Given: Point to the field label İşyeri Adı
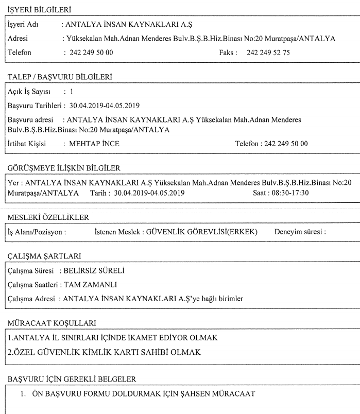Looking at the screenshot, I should click(24, 25).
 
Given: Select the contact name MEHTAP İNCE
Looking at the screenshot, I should click(95, 144).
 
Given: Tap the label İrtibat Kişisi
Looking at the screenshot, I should click(27, 144).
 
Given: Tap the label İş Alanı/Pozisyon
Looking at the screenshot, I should click(36, 232).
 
